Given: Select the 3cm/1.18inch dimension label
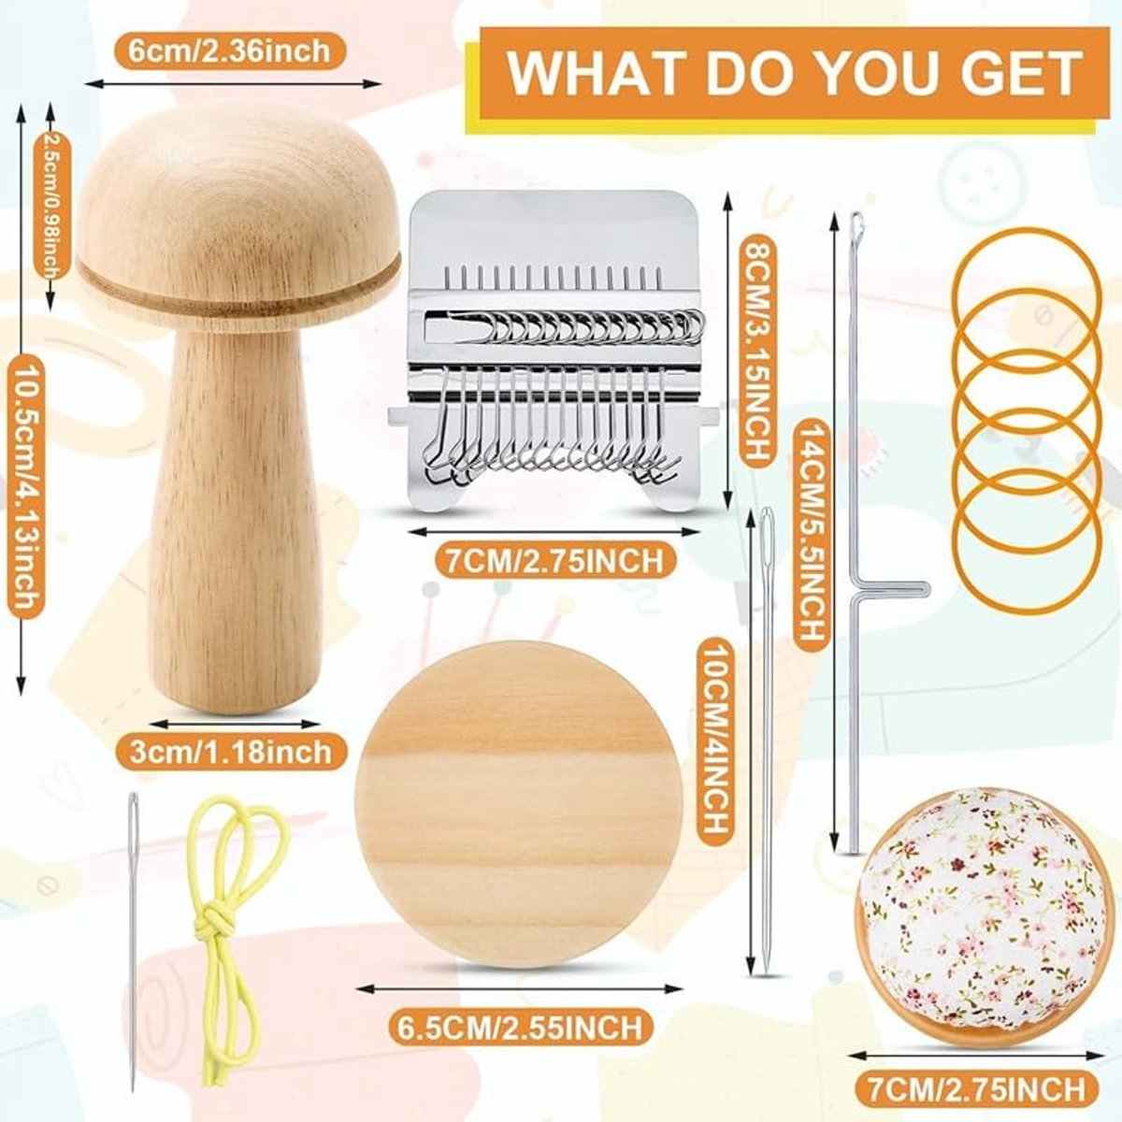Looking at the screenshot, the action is [231, 752].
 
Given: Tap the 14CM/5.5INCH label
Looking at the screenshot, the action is [810, 532].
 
